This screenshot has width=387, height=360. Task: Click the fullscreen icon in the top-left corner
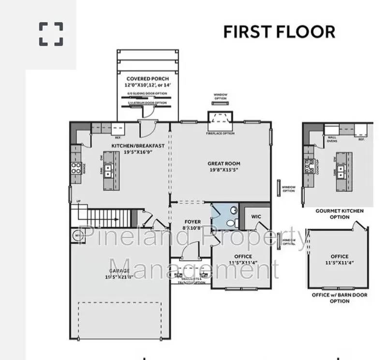[x=51, y=33]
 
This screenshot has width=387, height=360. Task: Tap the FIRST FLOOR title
[x=279, y=32]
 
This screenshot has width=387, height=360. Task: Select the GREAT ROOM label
[x=224, y=164]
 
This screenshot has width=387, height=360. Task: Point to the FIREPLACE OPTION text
[x=220, y=134]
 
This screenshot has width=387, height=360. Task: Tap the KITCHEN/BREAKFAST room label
[x=138, y=146]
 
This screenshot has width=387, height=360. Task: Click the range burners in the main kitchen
[x=76, y=168]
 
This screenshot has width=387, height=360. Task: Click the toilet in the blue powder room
[x=233, y=222]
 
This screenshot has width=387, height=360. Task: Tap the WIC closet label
[x=255, y=216]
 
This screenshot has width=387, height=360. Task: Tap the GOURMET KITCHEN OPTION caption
[x=339, y=214]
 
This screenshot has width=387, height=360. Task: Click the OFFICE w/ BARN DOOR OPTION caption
[x=339, y=298]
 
